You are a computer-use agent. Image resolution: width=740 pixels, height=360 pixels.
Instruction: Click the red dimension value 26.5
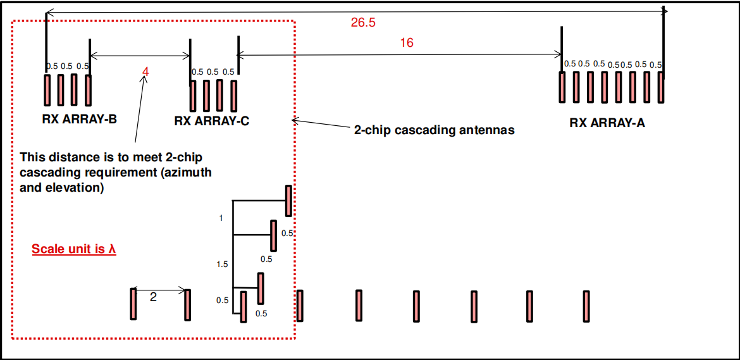363,23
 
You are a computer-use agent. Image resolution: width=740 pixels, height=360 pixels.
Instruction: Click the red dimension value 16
407,43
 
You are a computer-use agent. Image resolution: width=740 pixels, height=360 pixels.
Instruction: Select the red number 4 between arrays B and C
146,71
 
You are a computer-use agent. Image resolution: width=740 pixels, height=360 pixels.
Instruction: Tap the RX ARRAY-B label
79,118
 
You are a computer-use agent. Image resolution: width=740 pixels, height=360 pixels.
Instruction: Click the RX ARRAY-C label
211,121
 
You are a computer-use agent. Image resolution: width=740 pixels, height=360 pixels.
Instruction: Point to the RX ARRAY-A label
607,123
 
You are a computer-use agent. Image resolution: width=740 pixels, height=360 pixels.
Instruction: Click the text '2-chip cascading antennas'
434,130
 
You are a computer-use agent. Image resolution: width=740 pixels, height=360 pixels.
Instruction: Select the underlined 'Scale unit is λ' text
74,249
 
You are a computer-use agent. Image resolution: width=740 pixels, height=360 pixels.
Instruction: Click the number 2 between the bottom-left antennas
153,297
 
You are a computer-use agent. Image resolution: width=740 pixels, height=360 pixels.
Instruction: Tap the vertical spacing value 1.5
222,264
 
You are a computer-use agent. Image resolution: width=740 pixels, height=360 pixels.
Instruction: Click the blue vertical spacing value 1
221,218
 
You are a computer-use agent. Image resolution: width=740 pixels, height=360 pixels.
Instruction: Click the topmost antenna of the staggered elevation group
289,201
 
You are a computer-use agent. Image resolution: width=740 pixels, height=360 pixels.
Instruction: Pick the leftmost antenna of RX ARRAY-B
47,90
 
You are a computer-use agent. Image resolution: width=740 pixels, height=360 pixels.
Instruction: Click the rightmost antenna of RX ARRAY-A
661,87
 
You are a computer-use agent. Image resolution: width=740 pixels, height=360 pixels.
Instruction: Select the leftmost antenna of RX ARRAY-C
192,96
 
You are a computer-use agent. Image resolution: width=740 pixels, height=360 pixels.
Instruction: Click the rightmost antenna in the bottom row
586,306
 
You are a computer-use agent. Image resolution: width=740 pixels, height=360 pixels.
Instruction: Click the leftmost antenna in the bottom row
133,304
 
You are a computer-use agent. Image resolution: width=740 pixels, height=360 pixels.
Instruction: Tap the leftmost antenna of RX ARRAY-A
562,87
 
